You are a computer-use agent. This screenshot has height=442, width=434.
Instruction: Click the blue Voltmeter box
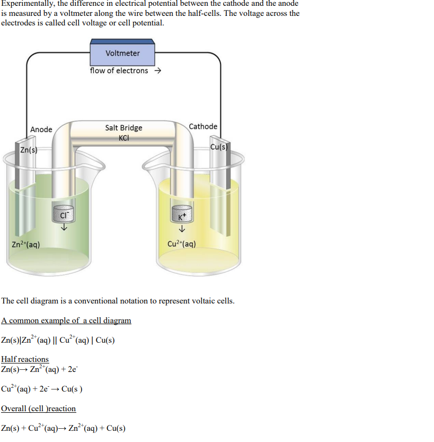click(x=122, y=54)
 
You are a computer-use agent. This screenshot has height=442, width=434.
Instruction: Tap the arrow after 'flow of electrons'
click(x=157, y=71)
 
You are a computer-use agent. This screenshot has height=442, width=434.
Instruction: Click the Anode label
click(x=41, y=129)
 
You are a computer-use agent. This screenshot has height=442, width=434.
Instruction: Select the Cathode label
click(x=203, y=126)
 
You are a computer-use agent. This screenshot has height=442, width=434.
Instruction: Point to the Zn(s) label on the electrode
click(x=28, y=151)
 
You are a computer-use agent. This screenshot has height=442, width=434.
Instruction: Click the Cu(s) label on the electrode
click(x=218, y=147)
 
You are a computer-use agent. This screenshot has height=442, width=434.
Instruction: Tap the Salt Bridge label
click(x=123, y=127)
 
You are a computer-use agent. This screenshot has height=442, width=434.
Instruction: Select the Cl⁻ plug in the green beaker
click(x=64, y=214)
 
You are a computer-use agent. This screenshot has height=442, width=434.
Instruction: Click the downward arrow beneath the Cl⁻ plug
click(x=64, y=228)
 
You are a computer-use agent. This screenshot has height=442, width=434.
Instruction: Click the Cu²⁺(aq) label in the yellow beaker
click(x=181, y=244)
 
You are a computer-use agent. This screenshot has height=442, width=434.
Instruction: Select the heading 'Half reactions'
click(x=25, y=359)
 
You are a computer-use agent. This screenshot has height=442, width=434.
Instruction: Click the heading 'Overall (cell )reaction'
click(x=38, y=409)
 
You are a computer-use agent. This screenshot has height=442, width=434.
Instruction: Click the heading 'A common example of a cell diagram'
click(x=66, y=320)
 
